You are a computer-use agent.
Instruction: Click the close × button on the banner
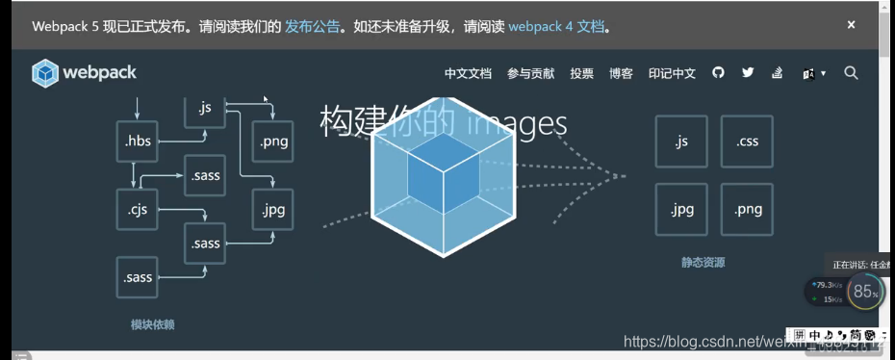851,25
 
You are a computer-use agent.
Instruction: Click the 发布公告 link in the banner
312,26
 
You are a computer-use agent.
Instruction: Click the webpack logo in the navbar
84,73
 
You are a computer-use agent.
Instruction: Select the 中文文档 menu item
468,73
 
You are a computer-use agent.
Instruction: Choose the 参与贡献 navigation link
530,73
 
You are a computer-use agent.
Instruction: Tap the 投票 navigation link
581,73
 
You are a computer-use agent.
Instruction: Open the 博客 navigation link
621,73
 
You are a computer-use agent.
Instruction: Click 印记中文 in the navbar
672,73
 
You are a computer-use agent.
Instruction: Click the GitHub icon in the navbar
718,72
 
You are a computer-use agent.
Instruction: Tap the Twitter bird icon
748,72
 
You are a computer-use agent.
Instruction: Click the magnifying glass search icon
851,72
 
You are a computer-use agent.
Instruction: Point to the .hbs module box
139,141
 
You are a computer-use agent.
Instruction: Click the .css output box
747,141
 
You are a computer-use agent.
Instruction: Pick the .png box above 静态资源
747,209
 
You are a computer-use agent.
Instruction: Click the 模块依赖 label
152,324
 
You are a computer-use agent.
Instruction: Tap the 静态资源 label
703,262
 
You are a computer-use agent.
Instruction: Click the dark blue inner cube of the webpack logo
442,174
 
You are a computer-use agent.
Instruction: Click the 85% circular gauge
865,292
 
